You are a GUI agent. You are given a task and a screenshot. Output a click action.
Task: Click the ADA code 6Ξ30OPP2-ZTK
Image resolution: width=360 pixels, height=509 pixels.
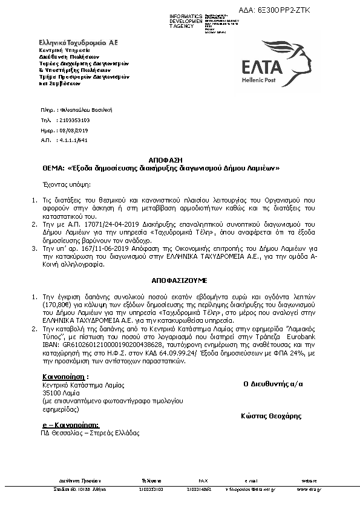pyautogui.click(x=325, y=11)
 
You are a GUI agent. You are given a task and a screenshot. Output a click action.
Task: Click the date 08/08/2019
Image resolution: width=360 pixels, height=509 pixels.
pyautogui.click(x=74, y=130)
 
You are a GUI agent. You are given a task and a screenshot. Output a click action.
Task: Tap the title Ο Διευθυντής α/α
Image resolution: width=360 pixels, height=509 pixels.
pyautogui.click(x=273, y=383)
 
